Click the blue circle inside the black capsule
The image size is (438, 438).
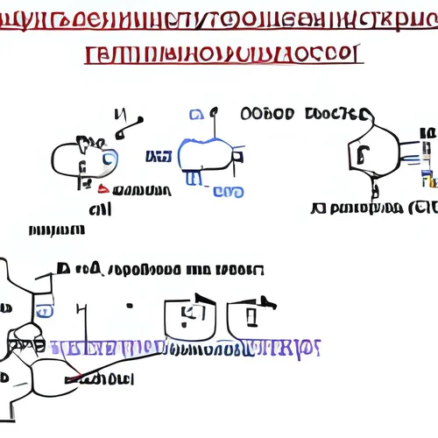[x=109, y=158]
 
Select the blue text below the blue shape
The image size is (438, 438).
[x=228, y=192]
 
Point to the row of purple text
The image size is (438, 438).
[x=193, y=347]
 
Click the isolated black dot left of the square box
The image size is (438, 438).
[x=129, y=307]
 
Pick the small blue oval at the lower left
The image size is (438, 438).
[x=44, y=311]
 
